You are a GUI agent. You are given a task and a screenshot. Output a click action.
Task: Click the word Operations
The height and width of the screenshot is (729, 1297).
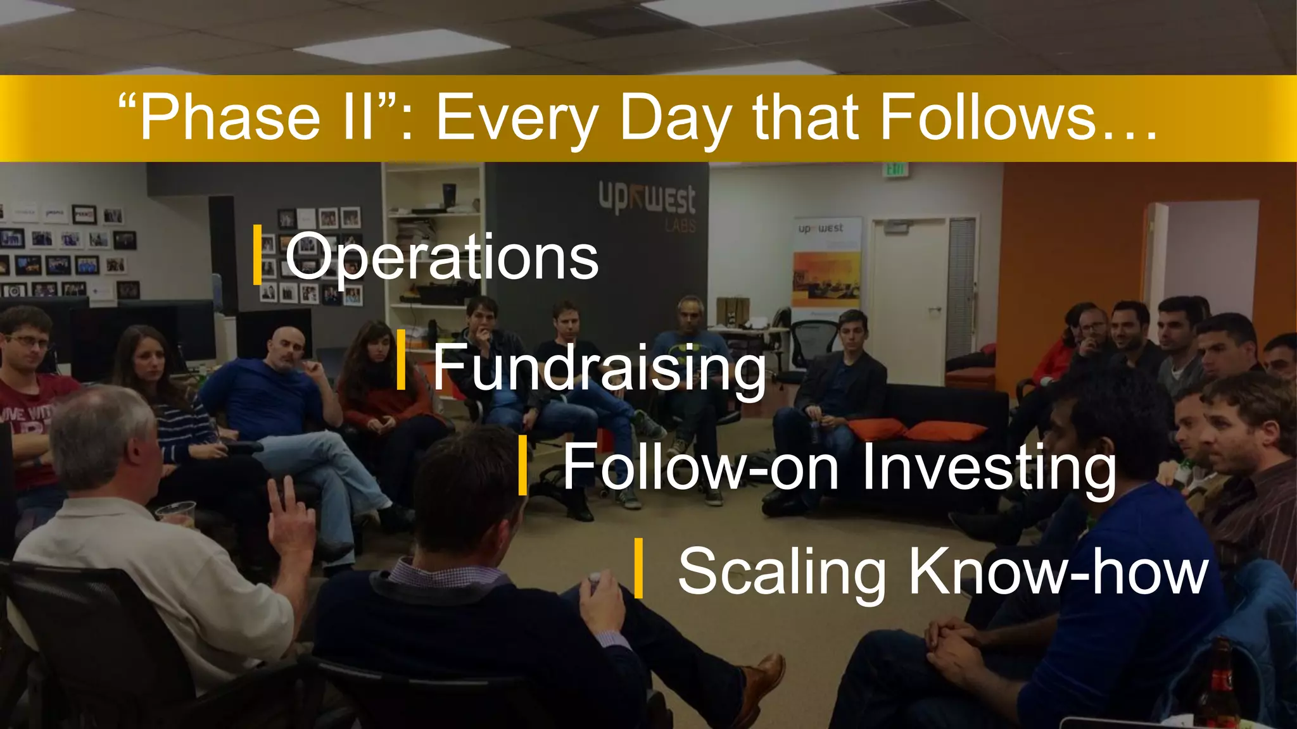coord(441,256)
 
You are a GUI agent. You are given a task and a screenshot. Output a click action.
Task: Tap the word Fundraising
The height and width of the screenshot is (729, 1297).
coord(599,368)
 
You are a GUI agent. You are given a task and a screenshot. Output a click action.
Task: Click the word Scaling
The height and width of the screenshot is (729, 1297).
coord(781,571)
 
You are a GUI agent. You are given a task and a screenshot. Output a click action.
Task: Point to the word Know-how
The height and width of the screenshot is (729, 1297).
coord(1058,571)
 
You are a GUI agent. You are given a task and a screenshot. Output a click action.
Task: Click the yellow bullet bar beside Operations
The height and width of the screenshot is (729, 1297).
coord(257,254)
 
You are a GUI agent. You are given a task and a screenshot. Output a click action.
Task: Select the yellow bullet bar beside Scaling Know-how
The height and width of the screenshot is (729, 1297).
coord(638,568)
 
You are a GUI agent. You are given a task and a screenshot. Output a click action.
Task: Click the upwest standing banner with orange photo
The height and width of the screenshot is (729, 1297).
coord(826,266)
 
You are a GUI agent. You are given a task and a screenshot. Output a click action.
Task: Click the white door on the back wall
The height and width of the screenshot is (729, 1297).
coord(908,297)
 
